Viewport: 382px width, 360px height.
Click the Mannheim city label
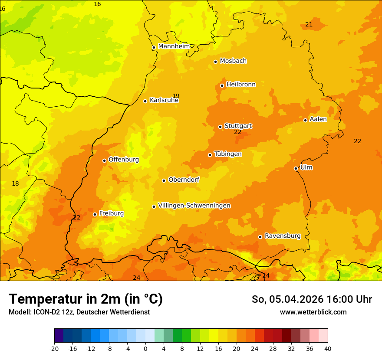(x=174, y=46)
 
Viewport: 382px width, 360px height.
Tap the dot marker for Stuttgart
(x=220, y=127)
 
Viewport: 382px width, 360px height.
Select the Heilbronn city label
(x=241, y=84)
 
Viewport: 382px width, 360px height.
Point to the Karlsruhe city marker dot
(x=145, y=101)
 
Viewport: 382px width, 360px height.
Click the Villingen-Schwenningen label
(x=194, y=205)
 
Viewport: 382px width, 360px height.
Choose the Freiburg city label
(x=111, y=213)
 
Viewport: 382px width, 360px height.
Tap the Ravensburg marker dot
(x=260, y=237)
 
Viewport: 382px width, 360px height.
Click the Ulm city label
(x=306, y=167)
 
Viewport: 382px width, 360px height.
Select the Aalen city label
(x=318, y=119)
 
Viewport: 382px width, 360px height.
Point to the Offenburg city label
(x=124, y=159)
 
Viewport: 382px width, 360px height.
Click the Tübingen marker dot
(x=210, y=155)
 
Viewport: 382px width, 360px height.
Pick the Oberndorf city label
(x=184, y=179)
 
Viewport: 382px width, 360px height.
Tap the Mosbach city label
(x=233, y=61)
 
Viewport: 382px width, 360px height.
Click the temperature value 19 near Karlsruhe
(x=176, y=96)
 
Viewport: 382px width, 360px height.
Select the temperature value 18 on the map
(x=15, y=183)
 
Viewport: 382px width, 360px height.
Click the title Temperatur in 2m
(x=86, y=299)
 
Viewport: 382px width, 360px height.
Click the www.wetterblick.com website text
(x=313, y=312)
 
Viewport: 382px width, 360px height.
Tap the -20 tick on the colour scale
(x=54, y=348)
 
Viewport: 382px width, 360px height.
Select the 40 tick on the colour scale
(x=328, y=348)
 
